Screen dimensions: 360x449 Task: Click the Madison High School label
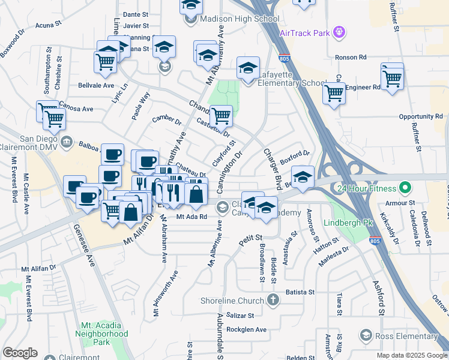click(x=231, y=19)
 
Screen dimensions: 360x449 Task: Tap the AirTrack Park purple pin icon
click(x=340, y=30)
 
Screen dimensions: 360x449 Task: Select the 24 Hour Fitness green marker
click(x=405, y=188)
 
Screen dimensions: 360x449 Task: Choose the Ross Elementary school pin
click(x=366, y=334)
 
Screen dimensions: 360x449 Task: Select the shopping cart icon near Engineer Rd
click(x=392, y=78)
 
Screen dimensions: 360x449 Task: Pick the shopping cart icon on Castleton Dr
click(x=221, y=115)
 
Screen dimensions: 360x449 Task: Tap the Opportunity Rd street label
click(x=420, y=116)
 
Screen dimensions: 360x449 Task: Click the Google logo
click(x=20, y=353)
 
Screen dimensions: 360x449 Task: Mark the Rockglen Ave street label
click(x=246, y=329)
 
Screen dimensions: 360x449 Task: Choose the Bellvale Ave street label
click(x=96, y=85)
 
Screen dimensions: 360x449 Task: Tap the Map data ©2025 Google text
click(x=411, y=355)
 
